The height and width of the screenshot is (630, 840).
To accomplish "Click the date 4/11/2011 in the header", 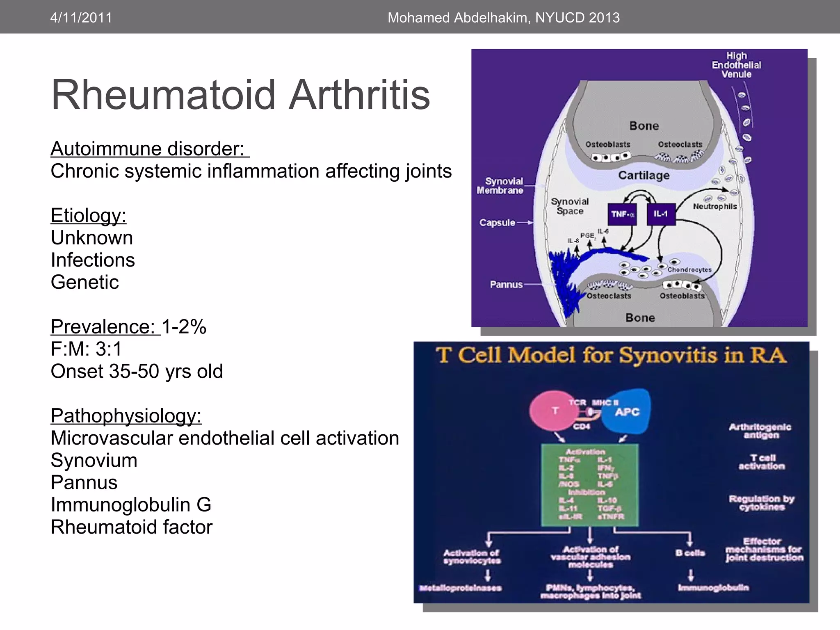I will pos(81,18).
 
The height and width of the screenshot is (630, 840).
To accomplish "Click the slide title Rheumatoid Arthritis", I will pos(240,95).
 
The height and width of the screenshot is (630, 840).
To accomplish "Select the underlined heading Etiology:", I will pos(88,215).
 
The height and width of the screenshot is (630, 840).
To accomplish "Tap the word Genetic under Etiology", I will pos(84,282).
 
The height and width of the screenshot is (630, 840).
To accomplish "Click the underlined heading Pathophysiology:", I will pos(126,415).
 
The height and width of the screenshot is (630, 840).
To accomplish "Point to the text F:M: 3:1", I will pos(86,349).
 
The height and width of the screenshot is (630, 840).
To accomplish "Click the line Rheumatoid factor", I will pos(131,527).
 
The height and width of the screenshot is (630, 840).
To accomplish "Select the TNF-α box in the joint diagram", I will pos(622,214).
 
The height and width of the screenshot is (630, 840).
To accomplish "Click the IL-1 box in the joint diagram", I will pos(661,214).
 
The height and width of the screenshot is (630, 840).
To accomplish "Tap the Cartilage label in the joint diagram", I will pos(644,176).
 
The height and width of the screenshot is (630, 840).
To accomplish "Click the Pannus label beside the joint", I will pos(506,284).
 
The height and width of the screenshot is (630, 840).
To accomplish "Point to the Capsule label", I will pos(497,223).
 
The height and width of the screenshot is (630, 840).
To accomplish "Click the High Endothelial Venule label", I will pos(736,65).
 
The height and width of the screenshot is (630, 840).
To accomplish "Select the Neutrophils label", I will pos(714,206).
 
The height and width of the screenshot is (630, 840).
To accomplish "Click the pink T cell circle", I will pos(552,411).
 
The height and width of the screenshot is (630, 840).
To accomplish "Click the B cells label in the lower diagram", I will pos(690,553).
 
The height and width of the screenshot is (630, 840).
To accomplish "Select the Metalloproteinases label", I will pos(460,588).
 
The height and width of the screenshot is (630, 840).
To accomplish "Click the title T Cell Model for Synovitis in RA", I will pos(611,355).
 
